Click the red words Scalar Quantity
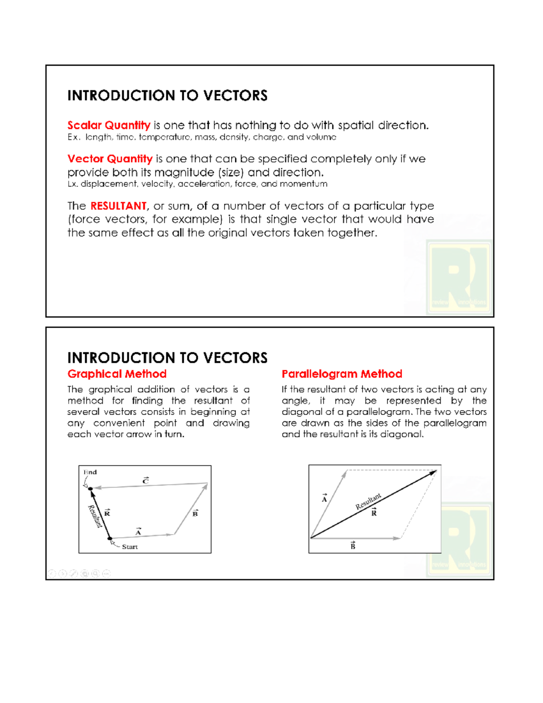pyautogui.click(x=109, y=125)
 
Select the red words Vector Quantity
pyautogui.click(x=110, y=159)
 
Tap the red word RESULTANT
pyautogui.click(x=118, y=206)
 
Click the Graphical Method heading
pyautogui.click(x=117, y=374)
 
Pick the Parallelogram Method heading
pyautogui.click(x=342, y=374)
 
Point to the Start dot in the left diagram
pyautogui.click(x=110, y=539)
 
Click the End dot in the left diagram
pyautogui.click(x=90, y=489)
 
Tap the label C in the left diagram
pyautogui.click(x=146, y=481)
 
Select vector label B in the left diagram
pyautogui.click(x=195, y=513)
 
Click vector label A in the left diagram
pyautogui.click(x=138, y=532)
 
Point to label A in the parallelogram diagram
pyautogui.click(x=324, y=499)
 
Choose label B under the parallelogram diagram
pyautogui.click(x=353, y=546)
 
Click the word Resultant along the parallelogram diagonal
pyautogui.click(x=368, y=502)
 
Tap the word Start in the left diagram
pyautogui.click(x=130, y=547)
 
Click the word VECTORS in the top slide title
pyautogui.click(x=235, y=96)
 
